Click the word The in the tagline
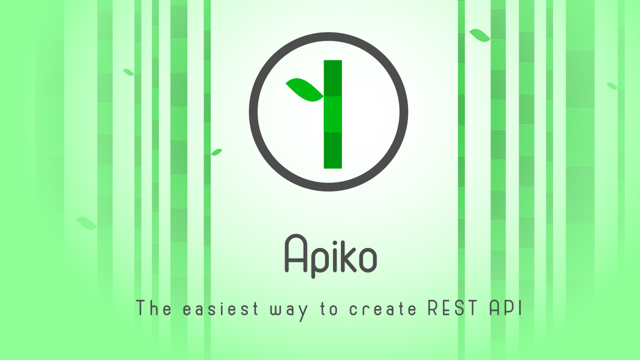coord(153,308)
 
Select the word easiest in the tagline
coord(220,309)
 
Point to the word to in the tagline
coord(329,309)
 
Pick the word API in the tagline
coord(506,308)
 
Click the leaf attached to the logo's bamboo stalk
coord(305,90)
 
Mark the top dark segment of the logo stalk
coord(333,78)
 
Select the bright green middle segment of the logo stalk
coord(333,114)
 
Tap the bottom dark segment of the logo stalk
coord(333,150)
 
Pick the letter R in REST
coord(433,308)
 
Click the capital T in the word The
coord(141,308)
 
